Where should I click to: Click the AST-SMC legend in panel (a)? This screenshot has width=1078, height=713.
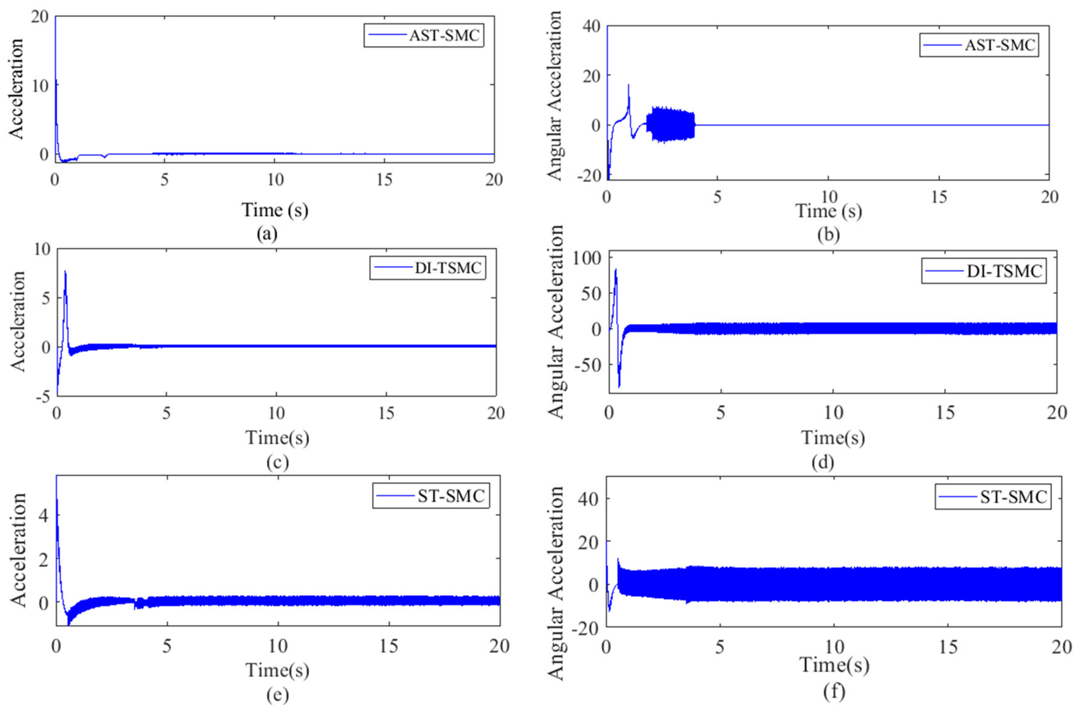pyautogui.click(x=423, y=35)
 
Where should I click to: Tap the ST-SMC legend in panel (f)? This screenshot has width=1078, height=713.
pyautogui.click(x=993, y=497)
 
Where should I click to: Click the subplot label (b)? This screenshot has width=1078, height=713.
pyautogui.click(x=828, y=235)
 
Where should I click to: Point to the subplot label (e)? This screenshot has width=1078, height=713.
pyautogui.click(x=277, y=695)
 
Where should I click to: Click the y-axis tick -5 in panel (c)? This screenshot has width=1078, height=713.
pyautogui.click(x=45, y=397)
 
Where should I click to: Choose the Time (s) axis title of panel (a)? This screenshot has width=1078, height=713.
pyautogui.click(x=274, y=210)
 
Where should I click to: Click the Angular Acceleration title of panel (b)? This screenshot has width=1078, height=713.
pyautogui.click(x=554, y=97)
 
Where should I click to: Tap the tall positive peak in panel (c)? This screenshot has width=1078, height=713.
pyautogui.click(x=65, y=272)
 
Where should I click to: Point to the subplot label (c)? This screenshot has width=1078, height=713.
pyautogui.click(x=277, y=462)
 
